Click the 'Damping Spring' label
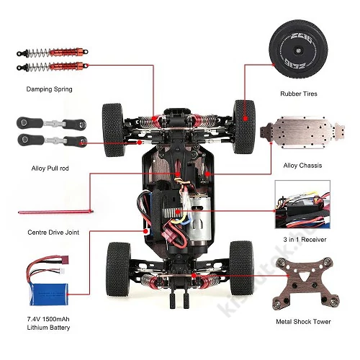pos(49,89)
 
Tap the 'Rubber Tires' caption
pos(299,94)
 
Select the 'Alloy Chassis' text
pos(302,166)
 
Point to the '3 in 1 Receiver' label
pos(305,239)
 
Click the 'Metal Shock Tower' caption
pos(303,322)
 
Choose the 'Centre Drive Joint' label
pos(53,233)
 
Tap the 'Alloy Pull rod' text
pos(50,168)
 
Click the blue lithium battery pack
pos(49,294)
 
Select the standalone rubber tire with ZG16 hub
pos(298,49)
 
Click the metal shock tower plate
pos(306,284)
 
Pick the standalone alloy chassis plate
pos(302,132)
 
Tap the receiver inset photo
pos(302,204)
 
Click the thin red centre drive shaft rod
pos(55,212)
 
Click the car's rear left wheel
pos(118,269)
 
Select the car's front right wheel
pos(244,127)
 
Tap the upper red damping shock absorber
pos(53,52)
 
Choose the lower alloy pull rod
pos(52,140)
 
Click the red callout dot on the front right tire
pos(245,118)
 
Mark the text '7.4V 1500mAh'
pos(48,319)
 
